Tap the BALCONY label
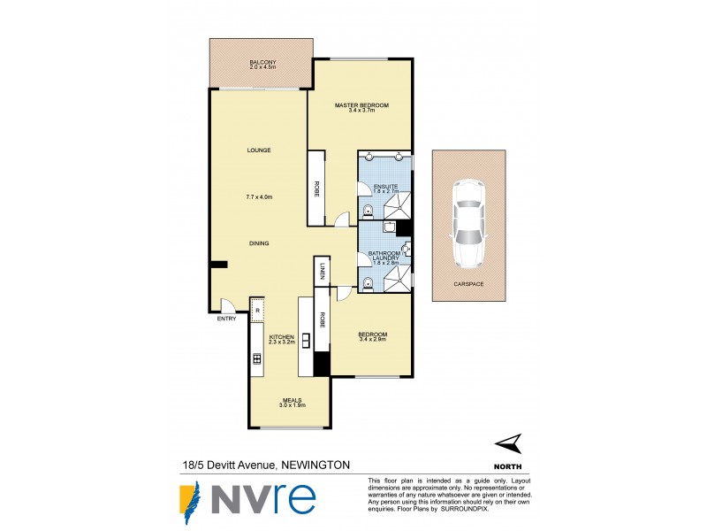262,62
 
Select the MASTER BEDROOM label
361,106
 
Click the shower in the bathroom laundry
399,279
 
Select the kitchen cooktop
257,358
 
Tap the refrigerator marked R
257,310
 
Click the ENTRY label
226,319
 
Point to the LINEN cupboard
323,271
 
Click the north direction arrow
506,443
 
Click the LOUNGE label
258,150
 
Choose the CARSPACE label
468,285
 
